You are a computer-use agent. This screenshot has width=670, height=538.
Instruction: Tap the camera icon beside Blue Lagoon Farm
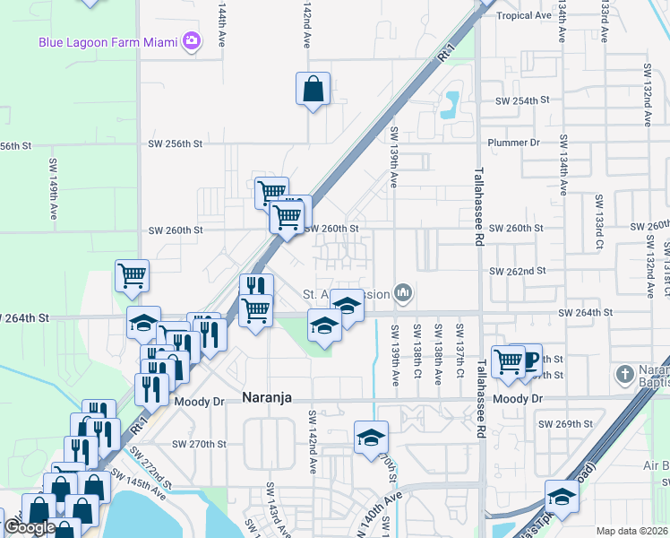coord(191,41)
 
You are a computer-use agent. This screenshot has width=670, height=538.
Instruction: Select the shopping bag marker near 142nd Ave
coord(313,89)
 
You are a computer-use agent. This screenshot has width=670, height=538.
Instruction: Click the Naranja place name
coord(267,397)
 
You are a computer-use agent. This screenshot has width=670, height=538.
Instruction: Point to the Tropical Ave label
coord(524,15)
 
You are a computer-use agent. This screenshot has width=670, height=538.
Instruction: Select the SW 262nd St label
coord(517,270)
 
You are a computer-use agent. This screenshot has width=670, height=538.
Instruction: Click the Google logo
coord(29,528)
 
